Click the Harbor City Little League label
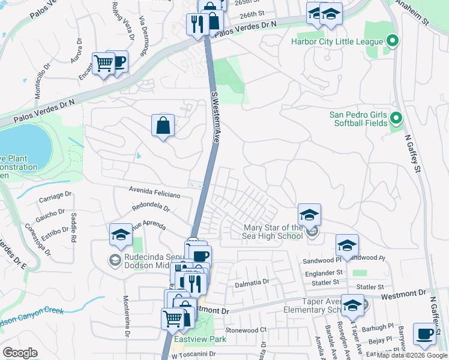tap(336, 41)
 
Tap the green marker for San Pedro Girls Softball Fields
tap(395, 117)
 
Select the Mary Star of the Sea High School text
tap(273, 232)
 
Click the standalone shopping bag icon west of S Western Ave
tap(163, 125)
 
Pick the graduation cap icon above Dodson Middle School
tap(121, 235)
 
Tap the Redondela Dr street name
tap(151, 207)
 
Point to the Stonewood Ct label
tap(246, 330)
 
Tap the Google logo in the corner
tap(20, 353)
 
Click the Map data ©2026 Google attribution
tap(412, 355)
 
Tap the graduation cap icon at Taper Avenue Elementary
tap(352, 305)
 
